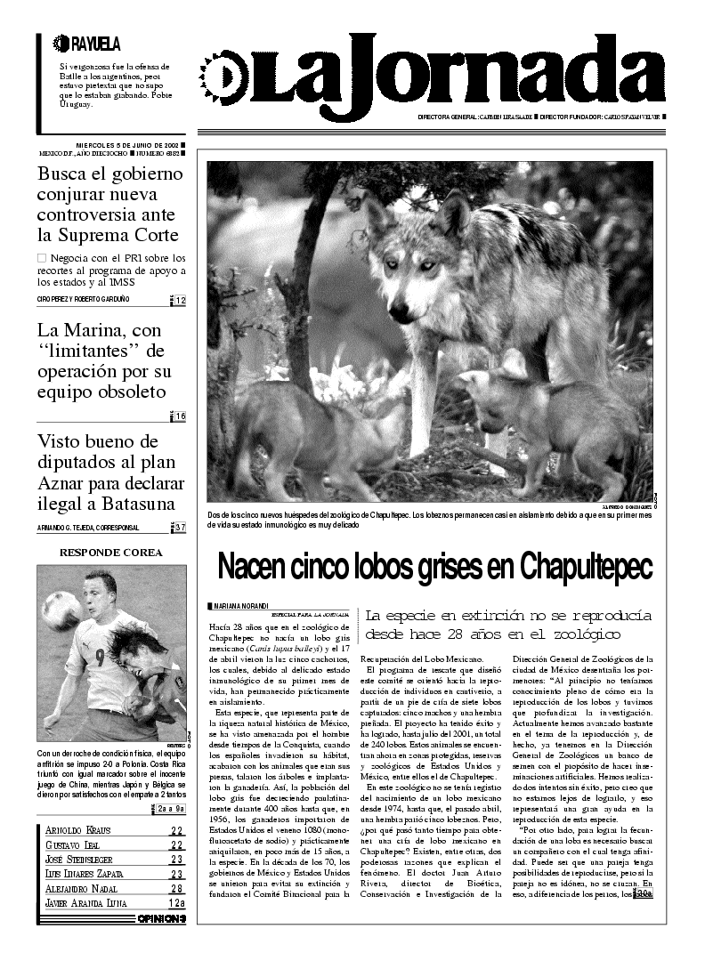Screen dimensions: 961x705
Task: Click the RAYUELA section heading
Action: [86, 44]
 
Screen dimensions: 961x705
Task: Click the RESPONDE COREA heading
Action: [110, 553]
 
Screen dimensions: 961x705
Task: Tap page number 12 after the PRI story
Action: [180, 301]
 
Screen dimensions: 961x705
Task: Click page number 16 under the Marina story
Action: [180, 416]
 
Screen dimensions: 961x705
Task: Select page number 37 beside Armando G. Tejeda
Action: [180, 528]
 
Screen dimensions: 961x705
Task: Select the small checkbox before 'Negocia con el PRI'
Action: [42, 257]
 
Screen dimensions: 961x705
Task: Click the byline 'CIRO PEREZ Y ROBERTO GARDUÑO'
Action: [84, 299]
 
